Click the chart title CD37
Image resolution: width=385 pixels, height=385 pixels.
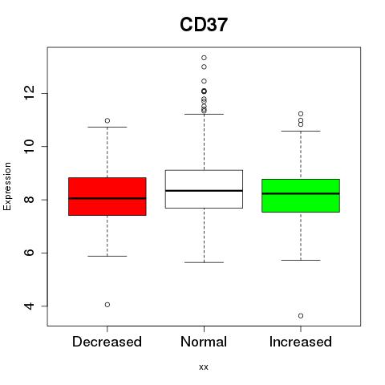204,25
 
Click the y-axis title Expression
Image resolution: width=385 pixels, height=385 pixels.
7,186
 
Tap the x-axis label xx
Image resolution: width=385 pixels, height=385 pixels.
204,367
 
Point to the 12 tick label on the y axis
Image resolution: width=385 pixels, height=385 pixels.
29,93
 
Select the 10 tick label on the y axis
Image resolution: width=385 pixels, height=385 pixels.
29,146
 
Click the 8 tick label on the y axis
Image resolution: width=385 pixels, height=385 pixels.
29,200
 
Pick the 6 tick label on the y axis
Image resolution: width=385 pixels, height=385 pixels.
29,253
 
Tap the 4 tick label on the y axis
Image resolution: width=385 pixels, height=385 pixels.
29,306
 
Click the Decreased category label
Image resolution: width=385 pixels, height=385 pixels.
107,342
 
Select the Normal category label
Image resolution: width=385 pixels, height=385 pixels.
204,342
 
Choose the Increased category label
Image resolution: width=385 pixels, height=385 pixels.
301,342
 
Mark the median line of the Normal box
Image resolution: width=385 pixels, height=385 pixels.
204,191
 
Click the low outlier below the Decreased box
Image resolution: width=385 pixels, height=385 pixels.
107,305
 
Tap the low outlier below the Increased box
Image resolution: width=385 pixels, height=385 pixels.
301,316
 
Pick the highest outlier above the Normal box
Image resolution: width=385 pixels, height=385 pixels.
204,58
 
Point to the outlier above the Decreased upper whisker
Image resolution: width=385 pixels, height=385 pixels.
107,120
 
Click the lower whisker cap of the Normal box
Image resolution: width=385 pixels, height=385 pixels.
204,262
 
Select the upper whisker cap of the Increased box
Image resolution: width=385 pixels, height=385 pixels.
301,131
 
